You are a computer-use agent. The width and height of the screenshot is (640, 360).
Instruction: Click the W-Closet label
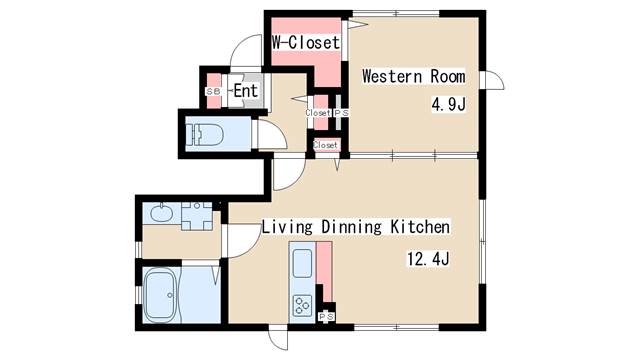coord(306,42)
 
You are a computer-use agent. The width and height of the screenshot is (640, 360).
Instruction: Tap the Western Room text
coord(413,76)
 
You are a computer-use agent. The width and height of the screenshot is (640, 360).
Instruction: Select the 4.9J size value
coord(449,105)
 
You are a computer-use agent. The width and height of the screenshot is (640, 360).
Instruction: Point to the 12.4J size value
coord(428,259)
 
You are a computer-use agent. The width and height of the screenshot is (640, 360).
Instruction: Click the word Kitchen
coord(420,227)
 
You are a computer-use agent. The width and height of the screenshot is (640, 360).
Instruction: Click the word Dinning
coord(351,227)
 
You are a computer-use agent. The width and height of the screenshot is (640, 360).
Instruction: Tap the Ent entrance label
coord(246,91)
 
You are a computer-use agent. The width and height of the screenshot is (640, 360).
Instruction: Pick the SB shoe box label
coord(212,91)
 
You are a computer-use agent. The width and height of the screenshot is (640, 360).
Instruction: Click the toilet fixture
coord(204,134)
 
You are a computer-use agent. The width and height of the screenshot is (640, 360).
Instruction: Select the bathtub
coord(161,296)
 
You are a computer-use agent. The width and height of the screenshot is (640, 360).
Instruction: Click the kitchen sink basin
coord(302,262)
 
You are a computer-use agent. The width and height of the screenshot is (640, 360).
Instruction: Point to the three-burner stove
coord(302,305)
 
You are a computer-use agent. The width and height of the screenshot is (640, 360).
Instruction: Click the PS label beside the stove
coord(326,316)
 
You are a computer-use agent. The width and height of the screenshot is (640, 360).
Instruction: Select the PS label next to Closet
coord(342,113)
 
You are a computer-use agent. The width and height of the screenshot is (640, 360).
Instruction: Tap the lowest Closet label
coord(325,145)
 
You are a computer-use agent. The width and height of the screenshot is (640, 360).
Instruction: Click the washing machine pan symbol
coord(197,216)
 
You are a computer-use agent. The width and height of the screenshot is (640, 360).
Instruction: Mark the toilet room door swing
coord(272,135)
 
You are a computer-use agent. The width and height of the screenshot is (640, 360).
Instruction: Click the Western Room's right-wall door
coord(492,80)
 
